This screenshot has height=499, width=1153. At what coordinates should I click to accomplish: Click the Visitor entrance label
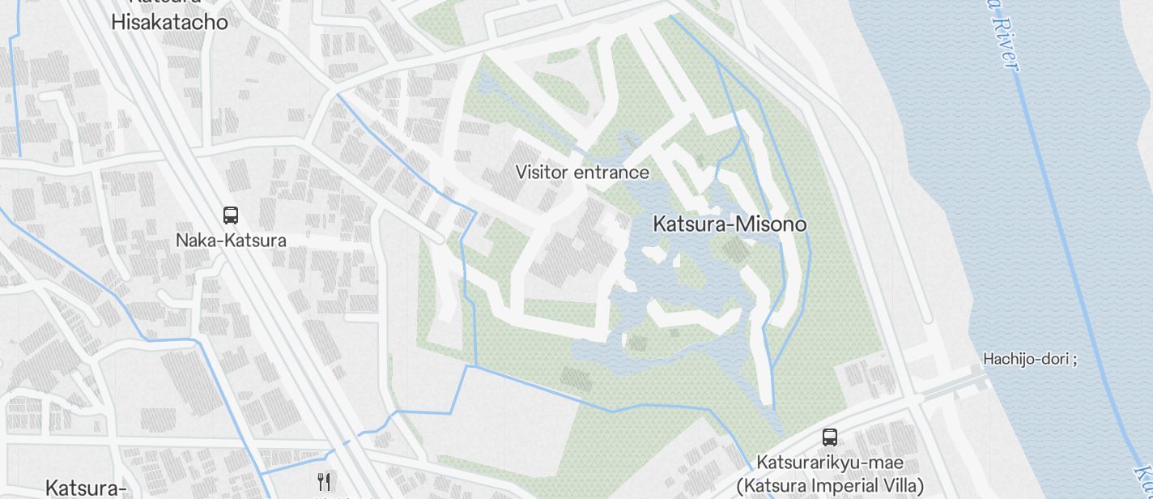(582, 173)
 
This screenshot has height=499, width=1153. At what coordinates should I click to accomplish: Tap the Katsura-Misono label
(730, 224)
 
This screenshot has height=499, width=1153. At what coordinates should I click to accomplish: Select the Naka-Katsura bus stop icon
(231, 215)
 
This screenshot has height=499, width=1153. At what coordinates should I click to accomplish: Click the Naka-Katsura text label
(231, 241)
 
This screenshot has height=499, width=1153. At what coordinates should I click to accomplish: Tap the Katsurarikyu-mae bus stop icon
(830, 437)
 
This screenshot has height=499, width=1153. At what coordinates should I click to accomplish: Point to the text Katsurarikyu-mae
(830, 463)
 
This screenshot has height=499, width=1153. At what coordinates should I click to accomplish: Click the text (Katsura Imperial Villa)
(830, 486)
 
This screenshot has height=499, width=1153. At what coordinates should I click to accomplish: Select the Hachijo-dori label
(1026, 359)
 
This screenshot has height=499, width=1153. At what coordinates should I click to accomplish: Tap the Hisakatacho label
(169, 22)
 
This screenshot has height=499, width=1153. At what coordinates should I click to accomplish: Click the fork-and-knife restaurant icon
(324, 482)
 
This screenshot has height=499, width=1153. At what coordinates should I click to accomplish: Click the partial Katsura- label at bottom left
(85, 488)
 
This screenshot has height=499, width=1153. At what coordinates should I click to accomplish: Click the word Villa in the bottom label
(900, 486)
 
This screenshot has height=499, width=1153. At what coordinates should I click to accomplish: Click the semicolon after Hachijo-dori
(1074, 360)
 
